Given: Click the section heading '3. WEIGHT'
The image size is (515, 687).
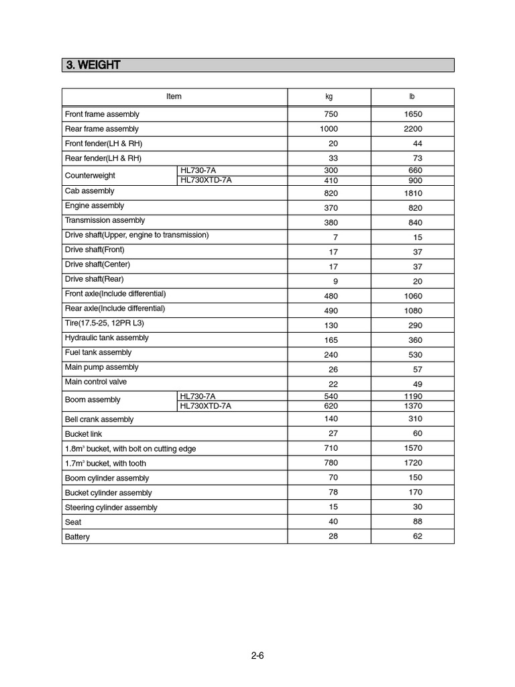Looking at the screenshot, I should (93, 65).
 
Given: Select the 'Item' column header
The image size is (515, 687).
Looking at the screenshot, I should (174, 97).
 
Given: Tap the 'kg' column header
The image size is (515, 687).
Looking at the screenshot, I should (329, 97).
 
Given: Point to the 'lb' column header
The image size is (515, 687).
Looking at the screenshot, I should (412, 97).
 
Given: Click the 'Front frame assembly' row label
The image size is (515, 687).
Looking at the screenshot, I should (102, 114).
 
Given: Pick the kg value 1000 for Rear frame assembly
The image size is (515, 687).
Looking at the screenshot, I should (329, 129).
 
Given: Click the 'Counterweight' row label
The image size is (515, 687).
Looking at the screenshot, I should (90, 176).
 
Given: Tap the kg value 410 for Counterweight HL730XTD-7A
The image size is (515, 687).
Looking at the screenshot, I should (331, 180).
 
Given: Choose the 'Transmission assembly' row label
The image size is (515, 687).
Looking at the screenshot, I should (105, 220).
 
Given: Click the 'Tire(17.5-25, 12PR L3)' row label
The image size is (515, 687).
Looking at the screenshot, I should (105, 323).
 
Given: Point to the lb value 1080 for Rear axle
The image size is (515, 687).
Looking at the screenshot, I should (413, 311).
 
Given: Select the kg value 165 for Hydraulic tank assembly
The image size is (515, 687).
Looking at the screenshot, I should (331, 340).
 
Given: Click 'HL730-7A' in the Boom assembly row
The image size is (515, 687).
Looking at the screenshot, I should (198, 397).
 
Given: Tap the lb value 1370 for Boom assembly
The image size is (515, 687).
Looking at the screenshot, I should (413, 406).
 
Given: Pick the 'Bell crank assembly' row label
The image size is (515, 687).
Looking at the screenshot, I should (99, 419).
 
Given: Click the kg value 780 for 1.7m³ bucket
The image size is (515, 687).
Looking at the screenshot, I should (331, 463).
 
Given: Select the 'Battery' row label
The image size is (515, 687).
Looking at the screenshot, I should (77, 537).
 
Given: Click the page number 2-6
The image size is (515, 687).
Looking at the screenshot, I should (257, 656).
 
